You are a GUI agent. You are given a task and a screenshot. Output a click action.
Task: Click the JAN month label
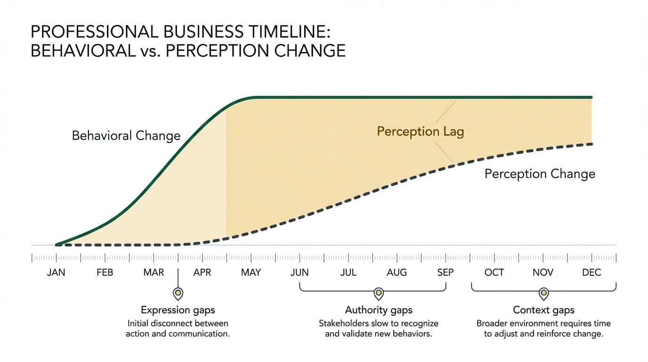[56, 272]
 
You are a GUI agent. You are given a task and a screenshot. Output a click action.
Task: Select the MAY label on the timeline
[251, 272]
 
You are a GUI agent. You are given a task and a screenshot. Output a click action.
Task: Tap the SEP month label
[445, 272]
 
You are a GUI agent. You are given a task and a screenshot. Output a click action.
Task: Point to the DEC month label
[591, 272]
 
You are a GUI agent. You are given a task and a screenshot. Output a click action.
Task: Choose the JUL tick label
[348, 272]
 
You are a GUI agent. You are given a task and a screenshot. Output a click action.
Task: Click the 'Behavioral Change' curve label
[126, 136]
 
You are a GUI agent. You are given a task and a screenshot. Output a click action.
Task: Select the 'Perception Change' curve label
[540, 174]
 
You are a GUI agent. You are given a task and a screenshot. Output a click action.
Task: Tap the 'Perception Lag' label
[421, 132]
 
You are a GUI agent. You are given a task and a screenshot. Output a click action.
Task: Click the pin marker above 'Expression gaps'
[178, 293]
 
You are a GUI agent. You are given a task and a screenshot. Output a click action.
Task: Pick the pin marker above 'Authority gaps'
[379, 293]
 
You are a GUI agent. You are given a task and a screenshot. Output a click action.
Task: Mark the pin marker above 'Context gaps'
[543, 293]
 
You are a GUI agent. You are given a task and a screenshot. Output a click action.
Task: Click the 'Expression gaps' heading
[178, 310]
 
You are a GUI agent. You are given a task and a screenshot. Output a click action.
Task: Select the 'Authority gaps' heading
[379, 310]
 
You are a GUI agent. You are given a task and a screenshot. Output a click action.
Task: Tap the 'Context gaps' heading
[543, 310]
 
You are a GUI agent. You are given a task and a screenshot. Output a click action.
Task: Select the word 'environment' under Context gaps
[542, 324]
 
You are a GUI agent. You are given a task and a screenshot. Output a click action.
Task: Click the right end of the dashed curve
[591, 144]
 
